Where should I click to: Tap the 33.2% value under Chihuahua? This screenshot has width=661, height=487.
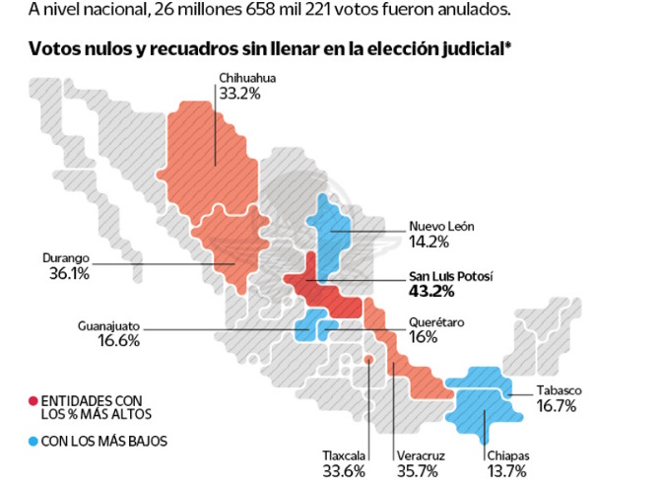pyautogui.click(x=241, y=96)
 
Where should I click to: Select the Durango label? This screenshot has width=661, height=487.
pyautogui.click(x=65, y=257)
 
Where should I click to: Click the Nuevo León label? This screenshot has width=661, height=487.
pyautogui.click(x=441, y=226)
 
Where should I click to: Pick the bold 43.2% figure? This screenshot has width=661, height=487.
pyautogui.click(x=430, y=292)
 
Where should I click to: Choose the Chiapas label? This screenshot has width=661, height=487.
pyautogui.click(x=508, y=454)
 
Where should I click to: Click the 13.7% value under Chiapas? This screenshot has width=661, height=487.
pyautogui.click(x=508, y=471)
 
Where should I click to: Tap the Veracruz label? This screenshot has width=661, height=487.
pyautogui.click(x=423, y=454)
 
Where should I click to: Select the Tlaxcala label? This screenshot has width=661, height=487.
pyautogui.click(x=345, y=454)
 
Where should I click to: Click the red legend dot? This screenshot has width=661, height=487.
pyautogui.click(x=33, y=399)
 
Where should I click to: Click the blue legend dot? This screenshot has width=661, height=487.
pyautogui.click(x=33, y=442)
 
